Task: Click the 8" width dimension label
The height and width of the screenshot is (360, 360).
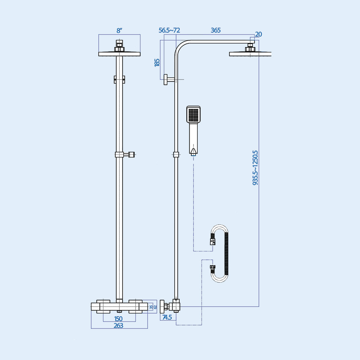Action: pyautogui.click(x=119, y=31)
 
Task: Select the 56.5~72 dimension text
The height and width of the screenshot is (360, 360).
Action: pyautogui.click(x=169, y=30)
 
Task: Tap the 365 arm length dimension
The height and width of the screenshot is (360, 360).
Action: pyautogui.click(x=215, y=30)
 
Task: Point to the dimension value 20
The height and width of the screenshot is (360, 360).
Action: pyautogui.click(x=258, y=34)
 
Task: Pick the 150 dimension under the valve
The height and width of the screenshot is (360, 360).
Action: pyautogui.click(x=118, y=319)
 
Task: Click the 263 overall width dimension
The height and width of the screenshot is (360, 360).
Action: pyautogui.click(x=118, y=325)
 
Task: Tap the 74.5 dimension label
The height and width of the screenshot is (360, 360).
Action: pyautogui.click(x=167, y=317)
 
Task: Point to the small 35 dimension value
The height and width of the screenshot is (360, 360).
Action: pyautogui.click(x=151, y=307)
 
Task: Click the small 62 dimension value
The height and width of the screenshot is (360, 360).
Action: pyautogui.click(x=155, y=307)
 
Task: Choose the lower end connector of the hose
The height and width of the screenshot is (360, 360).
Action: pyautogui.click(x=212, y=267)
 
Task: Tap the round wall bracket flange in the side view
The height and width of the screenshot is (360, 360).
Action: pyautogui.click(x=165, y=79)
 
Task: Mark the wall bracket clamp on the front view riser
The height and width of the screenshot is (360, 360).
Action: pyautogui.click(x=119, y=79)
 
